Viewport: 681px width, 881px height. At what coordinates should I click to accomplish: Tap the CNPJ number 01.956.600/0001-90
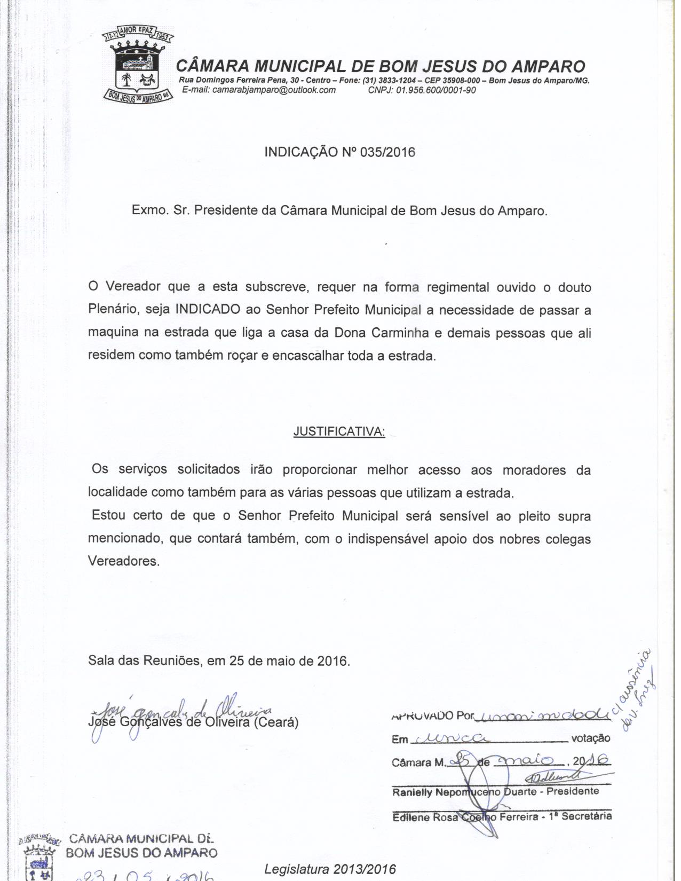tap(435, 90)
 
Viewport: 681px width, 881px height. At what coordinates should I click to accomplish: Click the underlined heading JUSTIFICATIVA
tap(339, 432)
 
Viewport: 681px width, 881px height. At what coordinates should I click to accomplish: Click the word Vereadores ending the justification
tap(123, 562)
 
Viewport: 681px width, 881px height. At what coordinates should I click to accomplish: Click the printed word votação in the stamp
tap(590, 738)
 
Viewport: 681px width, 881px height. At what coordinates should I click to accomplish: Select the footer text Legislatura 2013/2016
tap(330, 869)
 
